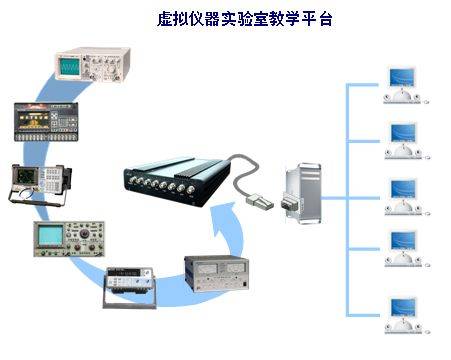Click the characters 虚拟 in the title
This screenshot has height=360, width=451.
pyautogui.click(x=171, y=18)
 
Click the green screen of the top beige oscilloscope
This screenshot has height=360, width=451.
pyautogui.click(x=70, y=67)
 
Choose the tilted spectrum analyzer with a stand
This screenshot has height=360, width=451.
pyautogui.click(x=37, y=183)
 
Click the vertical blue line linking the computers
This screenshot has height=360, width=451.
pyautogui.click(x=345, y=200)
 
